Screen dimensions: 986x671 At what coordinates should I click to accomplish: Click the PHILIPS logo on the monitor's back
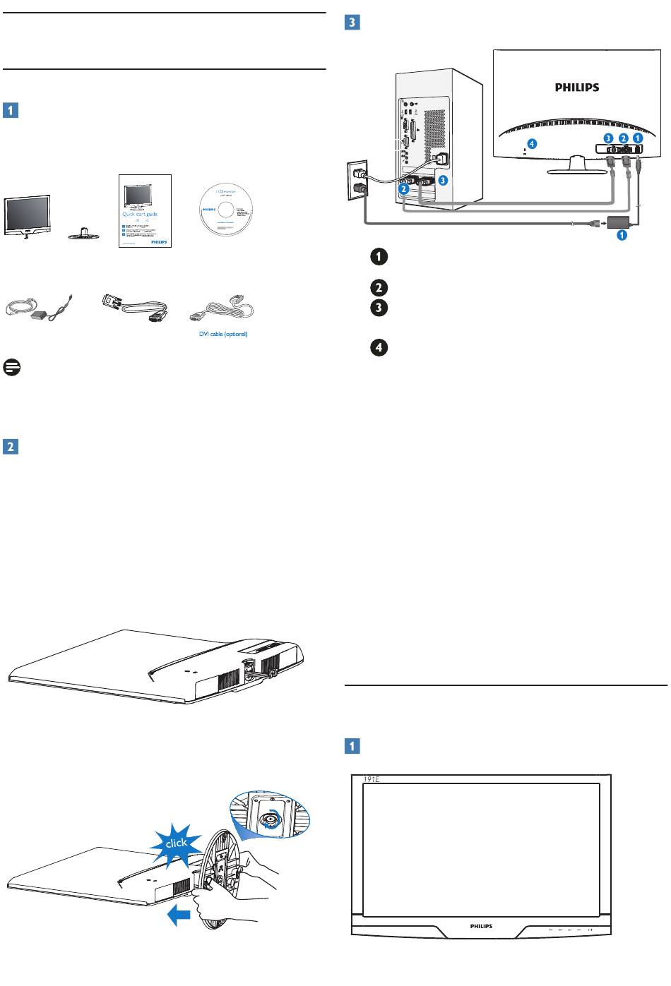coord(575,88)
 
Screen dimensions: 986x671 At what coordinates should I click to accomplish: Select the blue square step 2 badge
coord(11,446)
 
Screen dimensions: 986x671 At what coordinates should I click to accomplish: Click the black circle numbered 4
coord(379,348)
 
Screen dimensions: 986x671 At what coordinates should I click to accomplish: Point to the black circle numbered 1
coord(379,258)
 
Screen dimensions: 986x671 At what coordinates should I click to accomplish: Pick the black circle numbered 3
coord(379,308)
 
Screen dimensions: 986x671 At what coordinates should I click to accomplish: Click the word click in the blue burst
coord(176,842)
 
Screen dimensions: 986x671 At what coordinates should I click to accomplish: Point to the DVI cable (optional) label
coord(222,334)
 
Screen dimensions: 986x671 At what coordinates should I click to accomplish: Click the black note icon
coord(11,367)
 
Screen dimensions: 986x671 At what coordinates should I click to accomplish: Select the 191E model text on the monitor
coord(362,780)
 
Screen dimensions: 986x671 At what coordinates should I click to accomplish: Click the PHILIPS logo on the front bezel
coord(481,926)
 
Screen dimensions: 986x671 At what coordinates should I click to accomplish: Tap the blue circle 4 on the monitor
coord(531,143)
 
